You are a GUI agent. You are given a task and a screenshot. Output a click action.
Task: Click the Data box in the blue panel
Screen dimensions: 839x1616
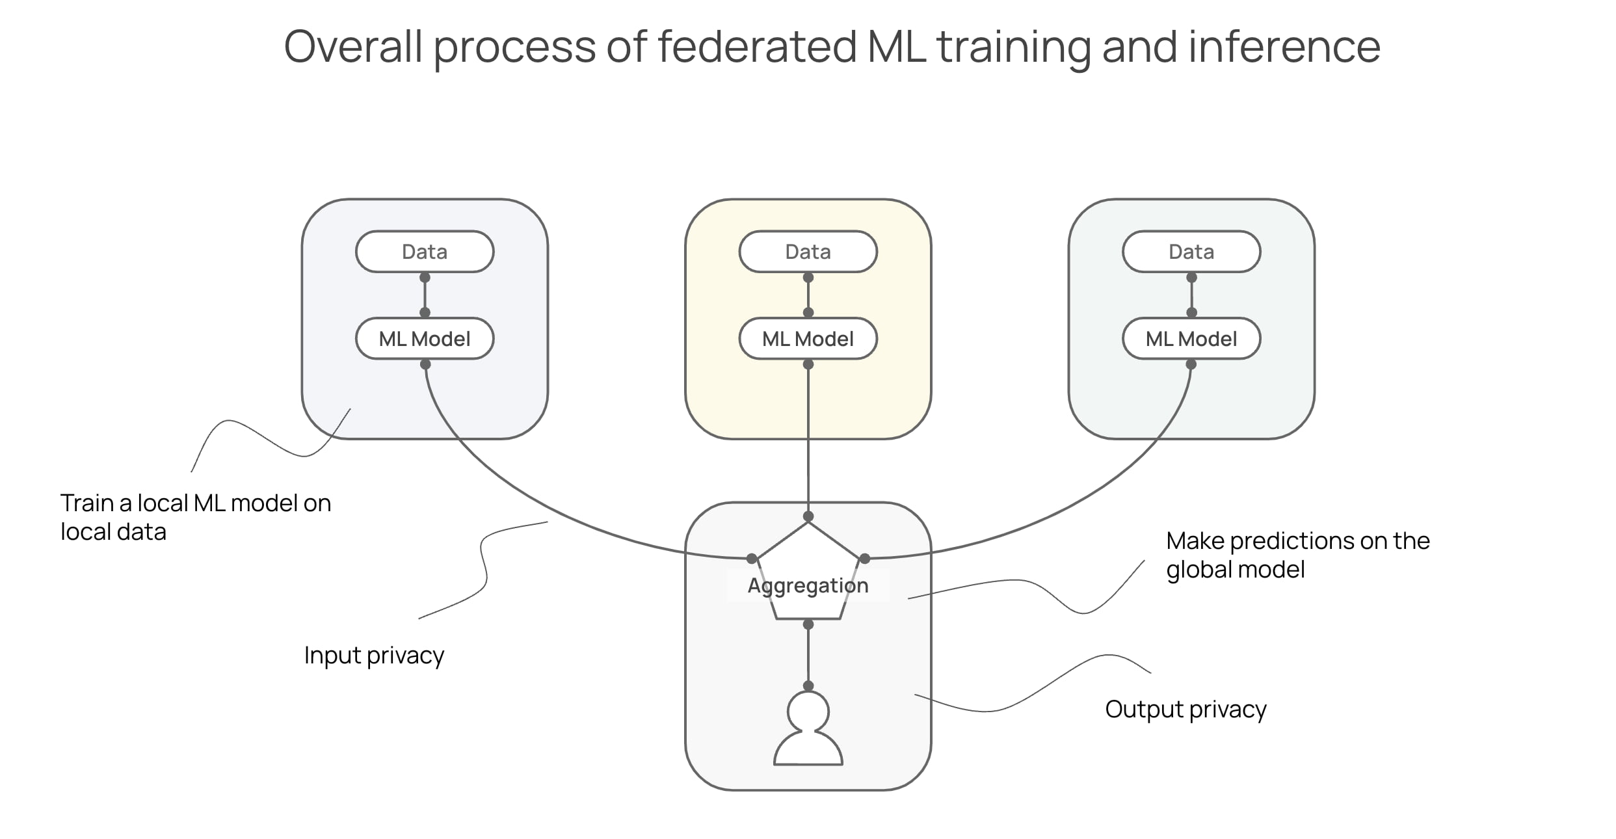(x=425, y=252)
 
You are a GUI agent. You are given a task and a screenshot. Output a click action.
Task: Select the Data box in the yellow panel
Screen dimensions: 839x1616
(x=808, y=252)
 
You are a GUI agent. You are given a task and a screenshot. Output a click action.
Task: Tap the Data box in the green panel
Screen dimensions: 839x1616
(x=1191, y=252)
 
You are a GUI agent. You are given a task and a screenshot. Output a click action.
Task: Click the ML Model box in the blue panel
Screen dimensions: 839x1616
(x=425, y=339)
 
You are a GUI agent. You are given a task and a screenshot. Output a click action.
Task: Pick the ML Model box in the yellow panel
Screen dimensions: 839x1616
(x=808, y=339)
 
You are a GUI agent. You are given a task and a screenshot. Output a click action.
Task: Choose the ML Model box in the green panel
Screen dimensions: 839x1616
(x=1191, y=339)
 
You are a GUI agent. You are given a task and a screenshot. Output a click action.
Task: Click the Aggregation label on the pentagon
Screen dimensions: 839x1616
(x=808, y=585)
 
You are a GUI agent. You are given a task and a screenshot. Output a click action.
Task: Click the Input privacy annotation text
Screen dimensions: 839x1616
(x=374, y=655)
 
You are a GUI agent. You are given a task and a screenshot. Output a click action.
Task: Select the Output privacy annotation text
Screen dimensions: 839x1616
(x=1186, y=709)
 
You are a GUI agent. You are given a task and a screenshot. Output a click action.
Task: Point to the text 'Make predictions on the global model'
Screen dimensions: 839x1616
(x=1297, y=555)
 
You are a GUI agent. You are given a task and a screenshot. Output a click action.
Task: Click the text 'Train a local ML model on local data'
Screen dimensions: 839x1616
(x=195, y=517)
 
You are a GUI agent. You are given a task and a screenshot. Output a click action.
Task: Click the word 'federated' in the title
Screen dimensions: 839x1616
(x=757, y=47)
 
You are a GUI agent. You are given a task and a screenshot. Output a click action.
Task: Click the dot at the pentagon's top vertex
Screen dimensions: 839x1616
(x=808, y=516)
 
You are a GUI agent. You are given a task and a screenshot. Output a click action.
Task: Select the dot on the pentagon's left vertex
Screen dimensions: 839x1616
(x=752, y=558)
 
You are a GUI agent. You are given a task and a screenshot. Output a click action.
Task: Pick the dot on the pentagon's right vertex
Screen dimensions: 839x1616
(x=865, y=558)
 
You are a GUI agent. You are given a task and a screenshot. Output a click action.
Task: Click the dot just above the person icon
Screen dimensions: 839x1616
(x=808, y=686)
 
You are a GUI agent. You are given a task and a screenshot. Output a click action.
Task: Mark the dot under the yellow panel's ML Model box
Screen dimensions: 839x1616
(x=808, y=364)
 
